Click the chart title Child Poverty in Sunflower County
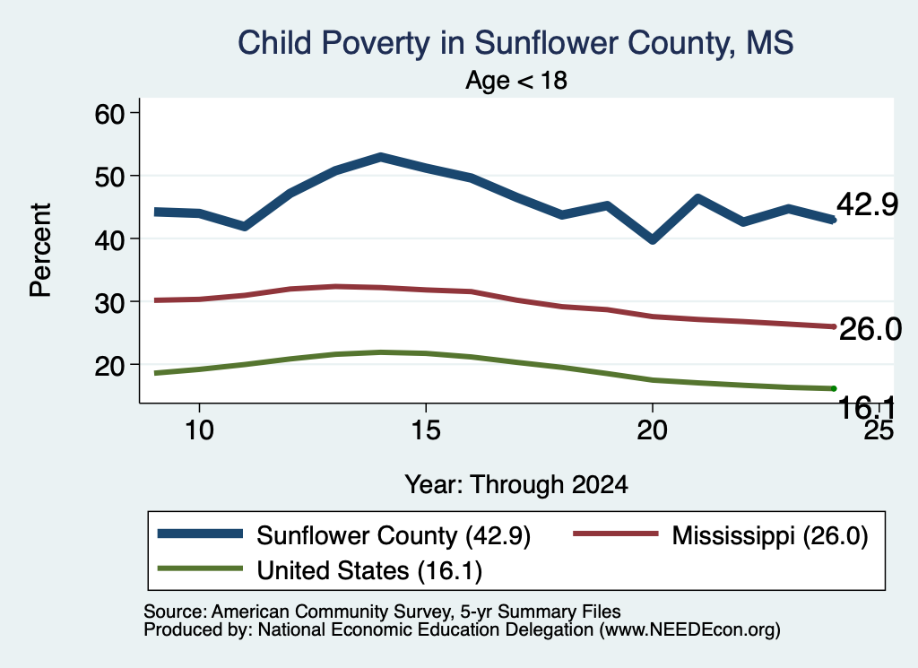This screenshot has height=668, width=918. point(515,44)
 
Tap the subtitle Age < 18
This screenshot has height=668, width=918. point(516,81)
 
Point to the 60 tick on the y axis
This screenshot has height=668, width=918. point(110,113)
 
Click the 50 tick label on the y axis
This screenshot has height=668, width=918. point(110,176)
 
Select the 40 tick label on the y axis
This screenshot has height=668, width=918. point(110,239)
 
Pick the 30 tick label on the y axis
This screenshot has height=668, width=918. point(110,302)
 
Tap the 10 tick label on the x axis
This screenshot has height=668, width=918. point(199,430)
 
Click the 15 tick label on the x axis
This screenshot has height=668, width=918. point(426,430)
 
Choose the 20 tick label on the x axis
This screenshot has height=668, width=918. point(653,430)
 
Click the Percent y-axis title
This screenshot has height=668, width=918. point(41,250)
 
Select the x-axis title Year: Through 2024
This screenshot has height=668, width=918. point(516,485)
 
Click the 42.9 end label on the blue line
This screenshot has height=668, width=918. point(867,205)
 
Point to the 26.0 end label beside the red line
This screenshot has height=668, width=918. point(870,329)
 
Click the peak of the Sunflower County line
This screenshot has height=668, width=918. point(380,158)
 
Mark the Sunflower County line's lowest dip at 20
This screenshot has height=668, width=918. point(653,239)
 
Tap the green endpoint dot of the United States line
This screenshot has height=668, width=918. point(834,389)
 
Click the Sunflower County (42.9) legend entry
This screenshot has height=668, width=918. point(344,535)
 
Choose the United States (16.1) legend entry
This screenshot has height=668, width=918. point(320,570)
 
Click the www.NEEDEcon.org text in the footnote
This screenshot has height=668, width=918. point(689,630)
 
